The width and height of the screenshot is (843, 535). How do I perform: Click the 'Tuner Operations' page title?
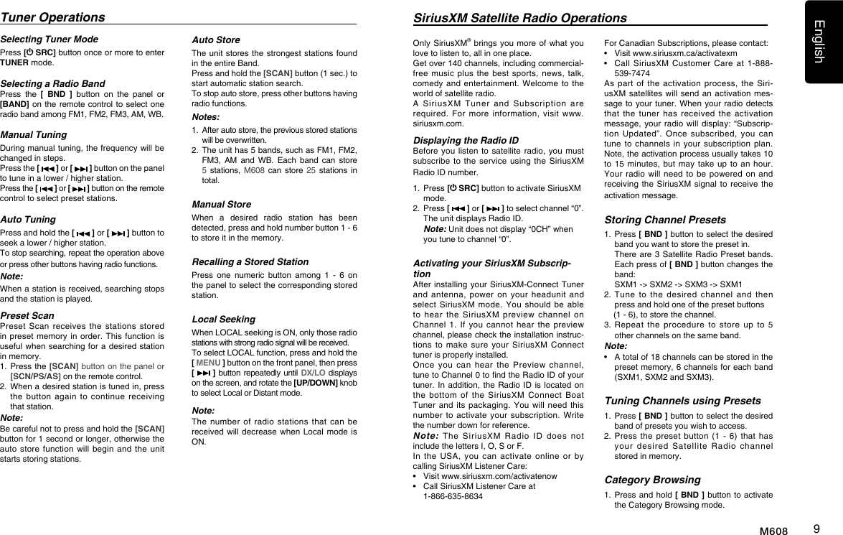[52, 17]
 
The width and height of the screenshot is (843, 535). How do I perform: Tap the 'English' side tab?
[824, 42]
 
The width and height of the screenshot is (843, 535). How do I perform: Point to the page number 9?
[816, 529]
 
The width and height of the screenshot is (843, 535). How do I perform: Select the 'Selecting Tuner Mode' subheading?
[50, 39]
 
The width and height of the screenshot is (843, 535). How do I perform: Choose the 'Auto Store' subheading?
[216, 39]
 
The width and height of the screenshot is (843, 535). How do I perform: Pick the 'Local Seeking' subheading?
[223, 319]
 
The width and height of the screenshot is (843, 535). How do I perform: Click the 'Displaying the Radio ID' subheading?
[466, 140]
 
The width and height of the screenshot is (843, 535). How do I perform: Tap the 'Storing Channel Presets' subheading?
[665, 220]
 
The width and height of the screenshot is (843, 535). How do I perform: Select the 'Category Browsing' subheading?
[652, 480]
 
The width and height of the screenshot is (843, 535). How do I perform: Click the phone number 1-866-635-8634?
[453, 496]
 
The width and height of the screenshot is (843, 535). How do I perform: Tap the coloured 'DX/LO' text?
[314, 373]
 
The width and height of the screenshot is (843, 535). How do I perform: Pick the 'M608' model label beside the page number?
[773, 531]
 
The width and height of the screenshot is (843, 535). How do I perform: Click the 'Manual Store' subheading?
[221, 205]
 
